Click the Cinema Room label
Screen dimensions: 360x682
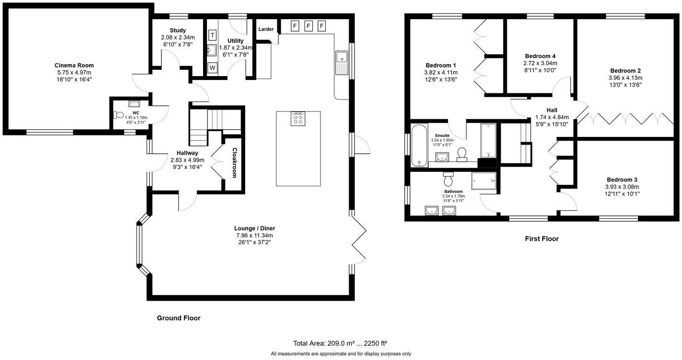(x=74, y=65)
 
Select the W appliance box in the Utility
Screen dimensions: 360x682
(x=212, y=67)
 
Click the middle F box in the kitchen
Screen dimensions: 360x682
(x=308, y=25)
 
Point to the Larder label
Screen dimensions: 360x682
(x=266, y=29)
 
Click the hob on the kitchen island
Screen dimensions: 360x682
(x=298, y=118)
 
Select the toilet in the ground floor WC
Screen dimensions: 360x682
(x=117, y=115)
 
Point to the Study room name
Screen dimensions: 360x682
(x=178, y=31)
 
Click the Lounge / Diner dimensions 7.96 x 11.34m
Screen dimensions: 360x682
(x=254, y=236)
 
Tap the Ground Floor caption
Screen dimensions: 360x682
(x=179, y=318)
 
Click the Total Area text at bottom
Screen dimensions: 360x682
(x=340, y=343)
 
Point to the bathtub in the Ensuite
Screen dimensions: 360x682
(x=419, y=146)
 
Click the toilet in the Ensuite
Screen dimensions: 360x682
(x=462, y=154)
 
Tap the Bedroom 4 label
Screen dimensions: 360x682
(x=540, y=56)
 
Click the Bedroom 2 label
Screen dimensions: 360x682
(x=625, y=70)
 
